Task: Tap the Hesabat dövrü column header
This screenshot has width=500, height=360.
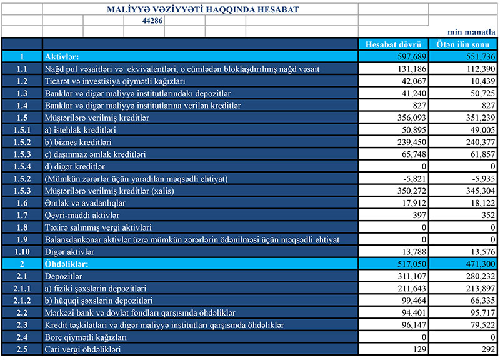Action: pos(393,44)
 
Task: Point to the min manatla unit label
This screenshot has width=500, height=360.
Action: pos(473,32)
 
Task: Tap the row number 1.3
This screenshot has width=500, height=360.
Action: pos(22,93)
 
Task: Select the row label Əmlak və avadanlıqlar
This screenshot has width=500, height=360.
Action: pos(86,203)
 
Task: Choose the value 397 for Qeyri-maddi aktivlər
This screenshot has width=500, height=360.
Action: pos(419,216)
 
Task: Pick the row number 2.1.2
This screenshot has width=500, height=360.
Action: pos(22,301)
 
